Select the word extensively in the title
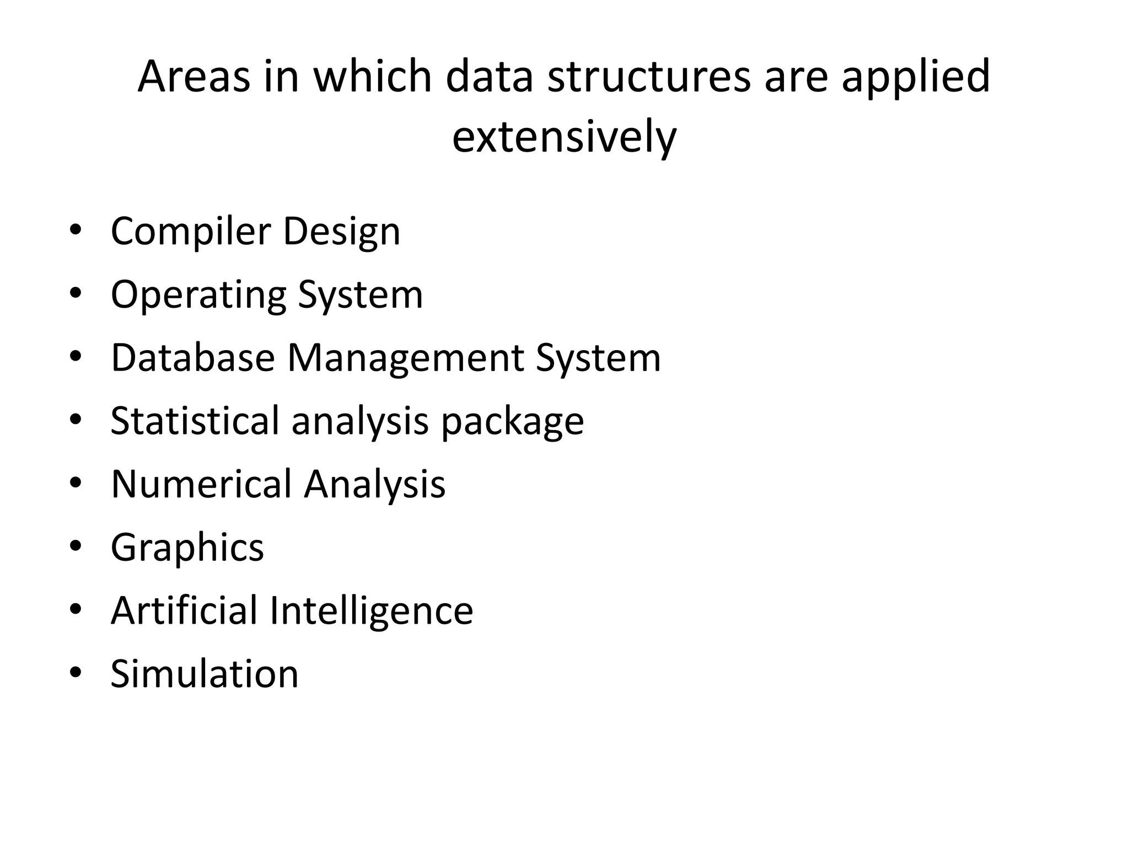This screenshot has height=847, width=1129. click(x=564, y=137)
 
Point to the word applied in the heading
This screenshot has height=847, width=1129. click(x=916, y=77)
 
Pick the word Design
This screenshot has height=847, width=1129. click(x=341, y=232)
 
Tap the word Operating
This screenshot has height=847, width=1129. click(x=198, y=295)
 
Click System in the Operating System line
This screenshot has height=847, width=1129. click(x=361, y=295)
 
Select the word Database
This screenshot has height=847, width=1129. click(x=192, y=358)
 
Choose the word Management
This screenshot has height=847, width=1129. click(x=405, y=359)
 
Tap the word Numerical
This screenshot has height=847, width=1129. click(x=202, y=484)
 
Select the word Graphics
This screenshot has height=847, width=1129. click(x=187, y=548)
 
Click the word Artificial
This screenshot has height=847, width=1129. click(x=185, y=610)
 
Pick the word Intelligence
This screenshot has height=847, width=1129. click(x=371, y=612)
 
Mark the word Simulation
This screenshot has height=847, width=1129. click(x=205, y=674)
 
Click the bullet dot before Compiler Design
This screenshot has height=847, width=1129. click(x=76, y=229)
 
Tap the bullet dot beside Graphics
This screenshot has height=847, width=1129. click(x=76, y=546)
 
